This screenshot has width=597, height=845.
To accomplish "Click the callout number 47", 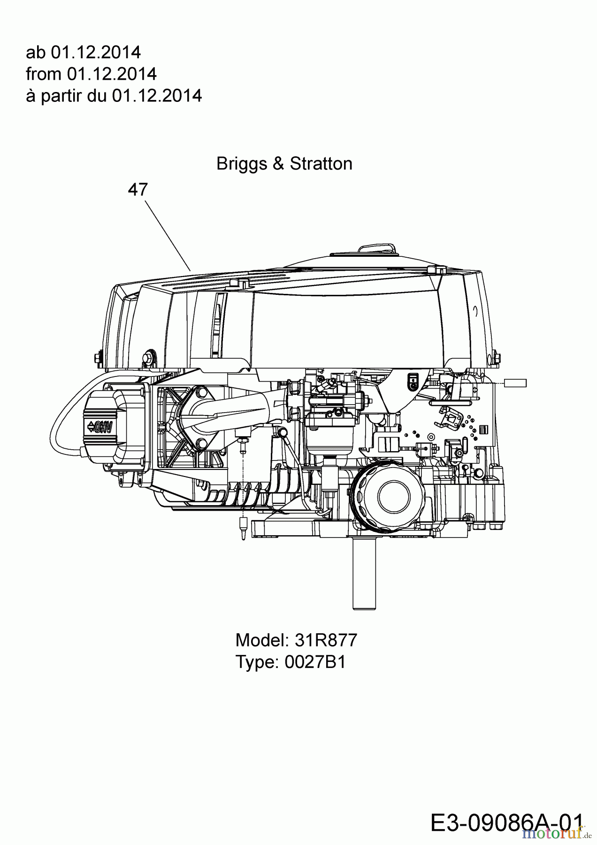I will [138, 190].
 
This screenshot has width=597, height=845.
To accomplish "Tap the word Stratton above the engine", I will [321, 164].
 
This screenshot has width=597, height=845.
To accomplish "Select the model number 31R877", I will [326, 640].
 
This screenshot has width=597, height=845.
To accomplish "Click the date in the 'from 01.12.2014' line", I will [112, 74].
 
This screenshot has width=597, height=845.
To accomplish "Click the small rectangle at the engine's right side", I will [515, 383].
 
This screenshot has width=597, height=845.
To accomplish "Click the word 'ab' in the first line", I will [36, 52].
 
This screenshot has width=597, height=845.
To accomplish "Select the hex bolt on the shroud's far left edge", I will [98, 358].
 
